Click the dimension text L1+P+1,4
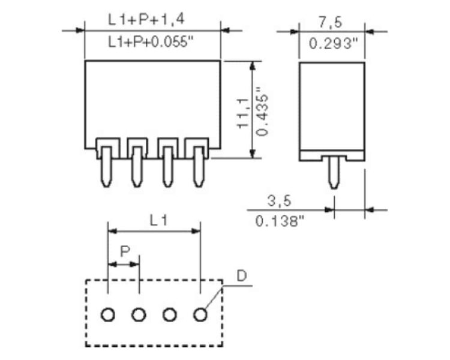coord(146,20)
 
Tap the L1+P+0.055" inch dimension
coord(151,42)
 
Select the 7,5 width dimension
coord(331,22)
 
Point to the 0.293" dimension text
coord(334,44)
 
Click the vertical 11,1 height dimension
coord(243,113)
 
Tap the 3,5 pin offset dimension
coord(279,200)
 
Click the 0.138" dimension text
coord(280,221)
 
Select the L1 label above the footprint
coord(158,220)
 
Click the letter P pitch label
coord(125,251)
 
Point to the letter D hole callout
coord(242,276)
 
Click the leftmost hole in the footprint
coord(108,314)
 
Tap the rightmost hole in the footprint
coord(200,314)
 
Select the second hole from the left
coord(139,314)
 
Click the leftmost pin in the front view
coord(107,167)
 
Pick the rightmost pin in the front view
coord(198,167)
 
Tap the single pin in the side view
coord(334,172)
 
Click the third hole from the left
coord(170,314)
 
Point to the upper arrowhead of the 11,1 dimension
coord(252,66)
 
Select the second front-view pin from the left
coord(137,167)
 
